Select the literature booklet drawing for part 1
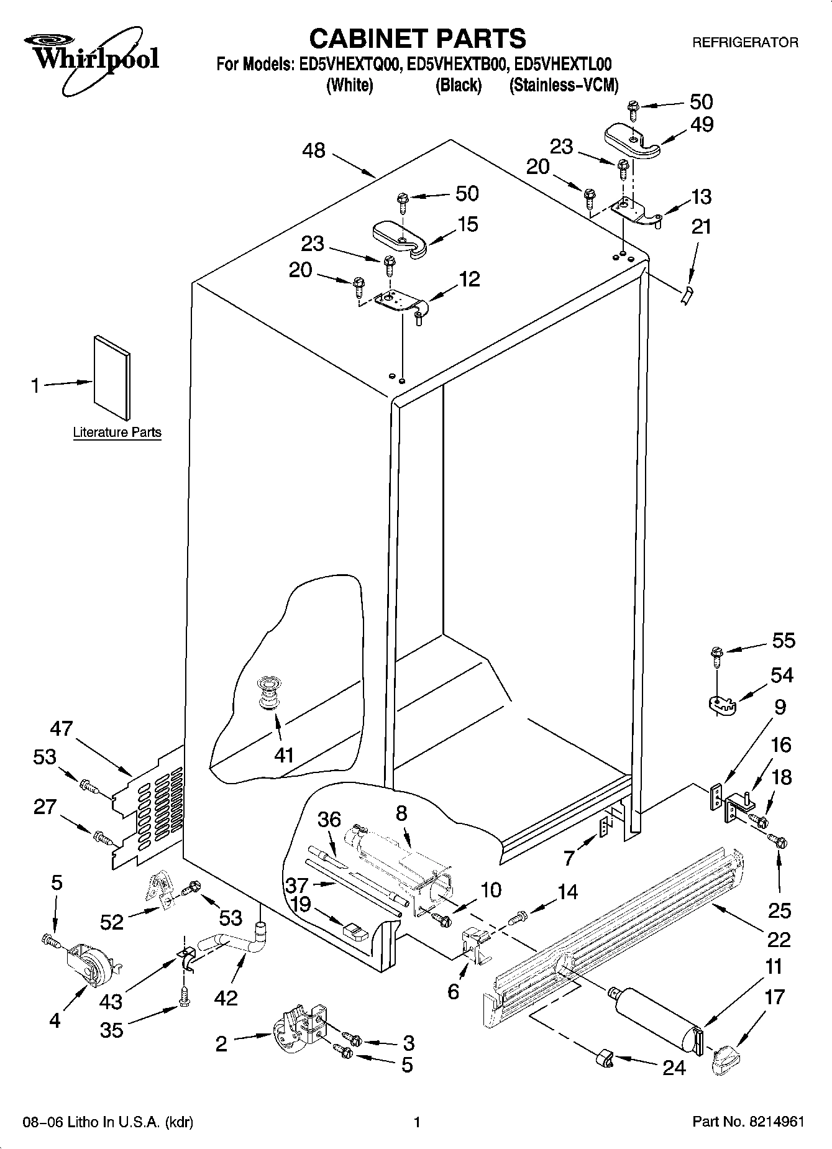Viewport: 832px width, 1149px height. [112, 377]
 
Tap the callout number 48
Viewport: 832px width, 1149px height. [314, 150]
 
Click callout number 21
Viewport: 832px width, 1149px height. [701, 226]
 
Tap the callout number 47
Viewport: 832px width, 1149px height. [62, 728]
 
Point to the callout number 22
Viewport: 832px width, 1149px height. [778, 939]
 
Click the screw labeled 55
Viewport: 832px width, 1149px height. [716, 654]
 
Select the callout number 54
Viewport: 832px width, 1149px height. [782, 675]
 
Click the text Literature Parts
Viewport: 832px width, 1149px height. [117, 433]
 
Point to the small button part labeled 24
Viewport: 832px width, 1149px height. [605, 1058]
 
